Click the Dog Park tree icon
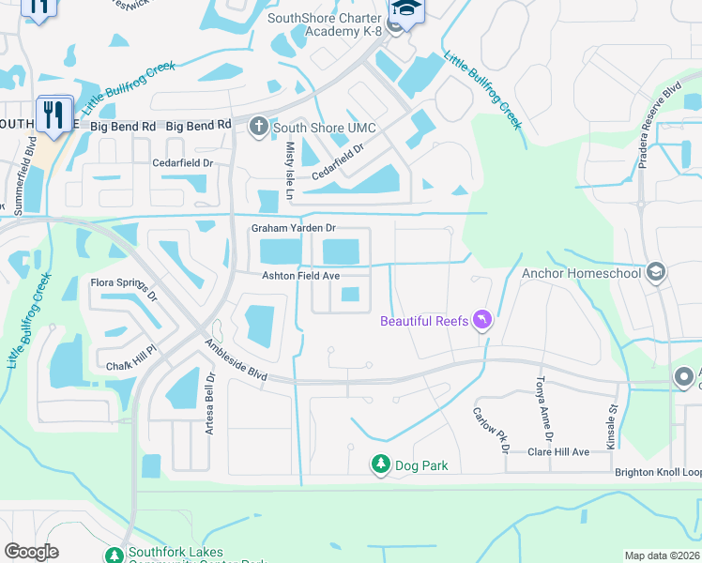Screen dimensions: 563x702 pyautogui.click(x=380, y=464)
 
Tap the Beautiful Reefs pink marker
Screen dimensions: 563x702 pyautogui.click(x=482, y=321)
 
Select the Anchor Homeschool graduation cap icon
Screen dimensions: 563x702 pyautogui.click(x=656, y=273)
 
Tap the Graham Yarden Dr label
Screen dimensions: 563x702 pyautogui.click(x=293, y=228)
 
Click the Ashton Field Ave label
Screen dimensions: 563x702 pyautogui.click(x=300, y=275)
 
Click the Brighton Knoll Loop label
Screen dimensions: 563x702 pyautogui.click(x=658, y=472)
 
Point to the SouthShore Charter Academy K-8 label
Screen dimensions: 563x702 pyautogui.click(x=325, y=24)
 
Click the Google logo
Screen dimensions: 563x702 pyautogui.click(x=31, y=552)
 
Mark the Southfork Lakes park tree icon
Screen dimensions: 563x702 pyautogui.click(x=114, y=555)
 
